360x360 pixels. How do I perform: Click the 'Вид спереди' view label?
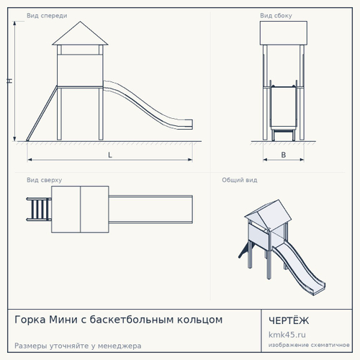(47, 16)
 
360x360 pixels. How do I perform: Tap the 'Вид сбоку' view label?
(276, 16)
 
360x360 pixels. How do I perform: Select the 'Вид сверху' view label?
(44, 180)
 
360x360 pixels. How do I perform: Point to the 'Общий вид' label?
(240, 180)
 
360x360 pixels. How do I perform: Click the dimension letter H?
(9, 81)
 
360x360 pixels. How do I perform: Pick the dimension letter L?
(110, 155)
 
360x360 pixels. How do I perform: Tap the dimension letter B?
(284, 155)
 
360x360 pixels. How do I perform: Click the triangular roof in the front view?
(80, 34)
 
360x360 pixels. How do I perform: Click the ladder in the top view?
(39, 209)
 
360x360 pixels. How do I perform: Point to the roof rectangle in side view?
(284, 33)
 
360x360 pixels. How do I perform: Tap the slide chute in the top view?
(150, 210)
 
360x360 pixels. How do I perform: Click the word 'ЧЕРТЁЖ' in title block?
(289, 320)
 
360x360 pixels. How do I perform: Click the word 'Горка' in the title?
(30, 320)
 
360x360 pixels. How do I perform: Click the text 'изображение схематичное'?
(309, 345)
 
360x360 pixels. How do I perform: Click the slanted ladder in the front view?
(42, 114)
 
